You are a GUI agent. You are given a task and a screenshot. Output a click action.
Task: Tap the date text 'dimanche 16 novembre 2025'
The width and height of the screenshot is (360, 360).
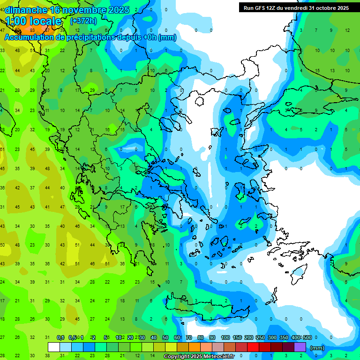(67, 10)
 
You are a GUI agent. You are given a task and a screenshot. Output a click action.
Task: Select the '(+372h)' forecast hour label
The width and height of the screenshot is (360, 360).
(84, 21)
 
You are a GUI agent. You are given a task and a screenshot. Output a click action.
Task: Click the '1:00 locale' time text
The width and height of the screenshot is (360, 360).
(33, 21)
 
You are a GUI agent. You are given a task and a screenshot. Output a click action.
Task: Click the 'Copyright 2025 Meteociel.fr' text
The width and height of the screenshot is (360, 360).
(199, 357)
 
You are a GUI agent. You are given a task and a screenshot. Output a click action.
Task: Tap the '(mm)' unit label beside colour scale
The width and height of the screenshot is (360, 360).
(317, 348)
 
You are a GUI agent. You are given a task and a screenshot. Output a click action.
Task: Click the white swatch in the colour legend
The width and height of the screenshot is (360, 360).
(54, 347)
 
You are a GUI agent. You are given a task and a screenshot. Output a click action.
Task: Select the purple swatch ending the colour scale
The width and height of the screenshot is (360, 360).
(300, 347)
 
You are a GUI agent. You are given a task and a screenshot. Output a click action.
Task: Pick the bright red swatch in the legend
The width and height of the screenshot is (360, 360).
(253, 347)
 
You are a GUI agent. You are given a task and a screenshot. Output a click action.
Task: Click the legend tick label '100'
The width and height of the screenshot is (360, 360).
(225, 337)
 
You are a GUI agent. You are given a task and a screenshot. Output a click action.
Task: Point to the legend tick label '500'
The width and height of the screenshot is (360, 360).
(307, 337)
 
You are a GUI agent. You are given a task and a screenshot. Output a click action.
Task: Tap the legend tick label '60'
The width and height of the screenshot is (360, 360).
(177, 337)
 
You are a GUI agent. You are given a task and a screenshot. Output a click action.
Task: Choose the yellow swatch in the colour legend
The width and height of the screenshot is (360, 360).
(171, 347)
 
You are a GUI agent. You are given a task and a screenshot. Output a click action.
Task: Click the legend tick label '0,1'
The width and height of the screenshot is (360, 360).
(60, 337)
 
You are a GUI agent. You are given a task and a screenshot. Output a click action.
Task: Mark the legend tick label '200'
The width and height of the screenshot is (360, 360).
(248, 337)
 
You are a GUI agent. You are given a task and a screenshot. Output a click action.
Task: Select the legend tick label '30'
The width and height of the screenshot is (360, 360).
(142, 337)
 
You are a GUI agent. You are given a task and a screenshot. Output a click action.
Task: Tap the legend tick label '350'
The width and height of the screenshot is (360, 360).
(284, 337)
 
